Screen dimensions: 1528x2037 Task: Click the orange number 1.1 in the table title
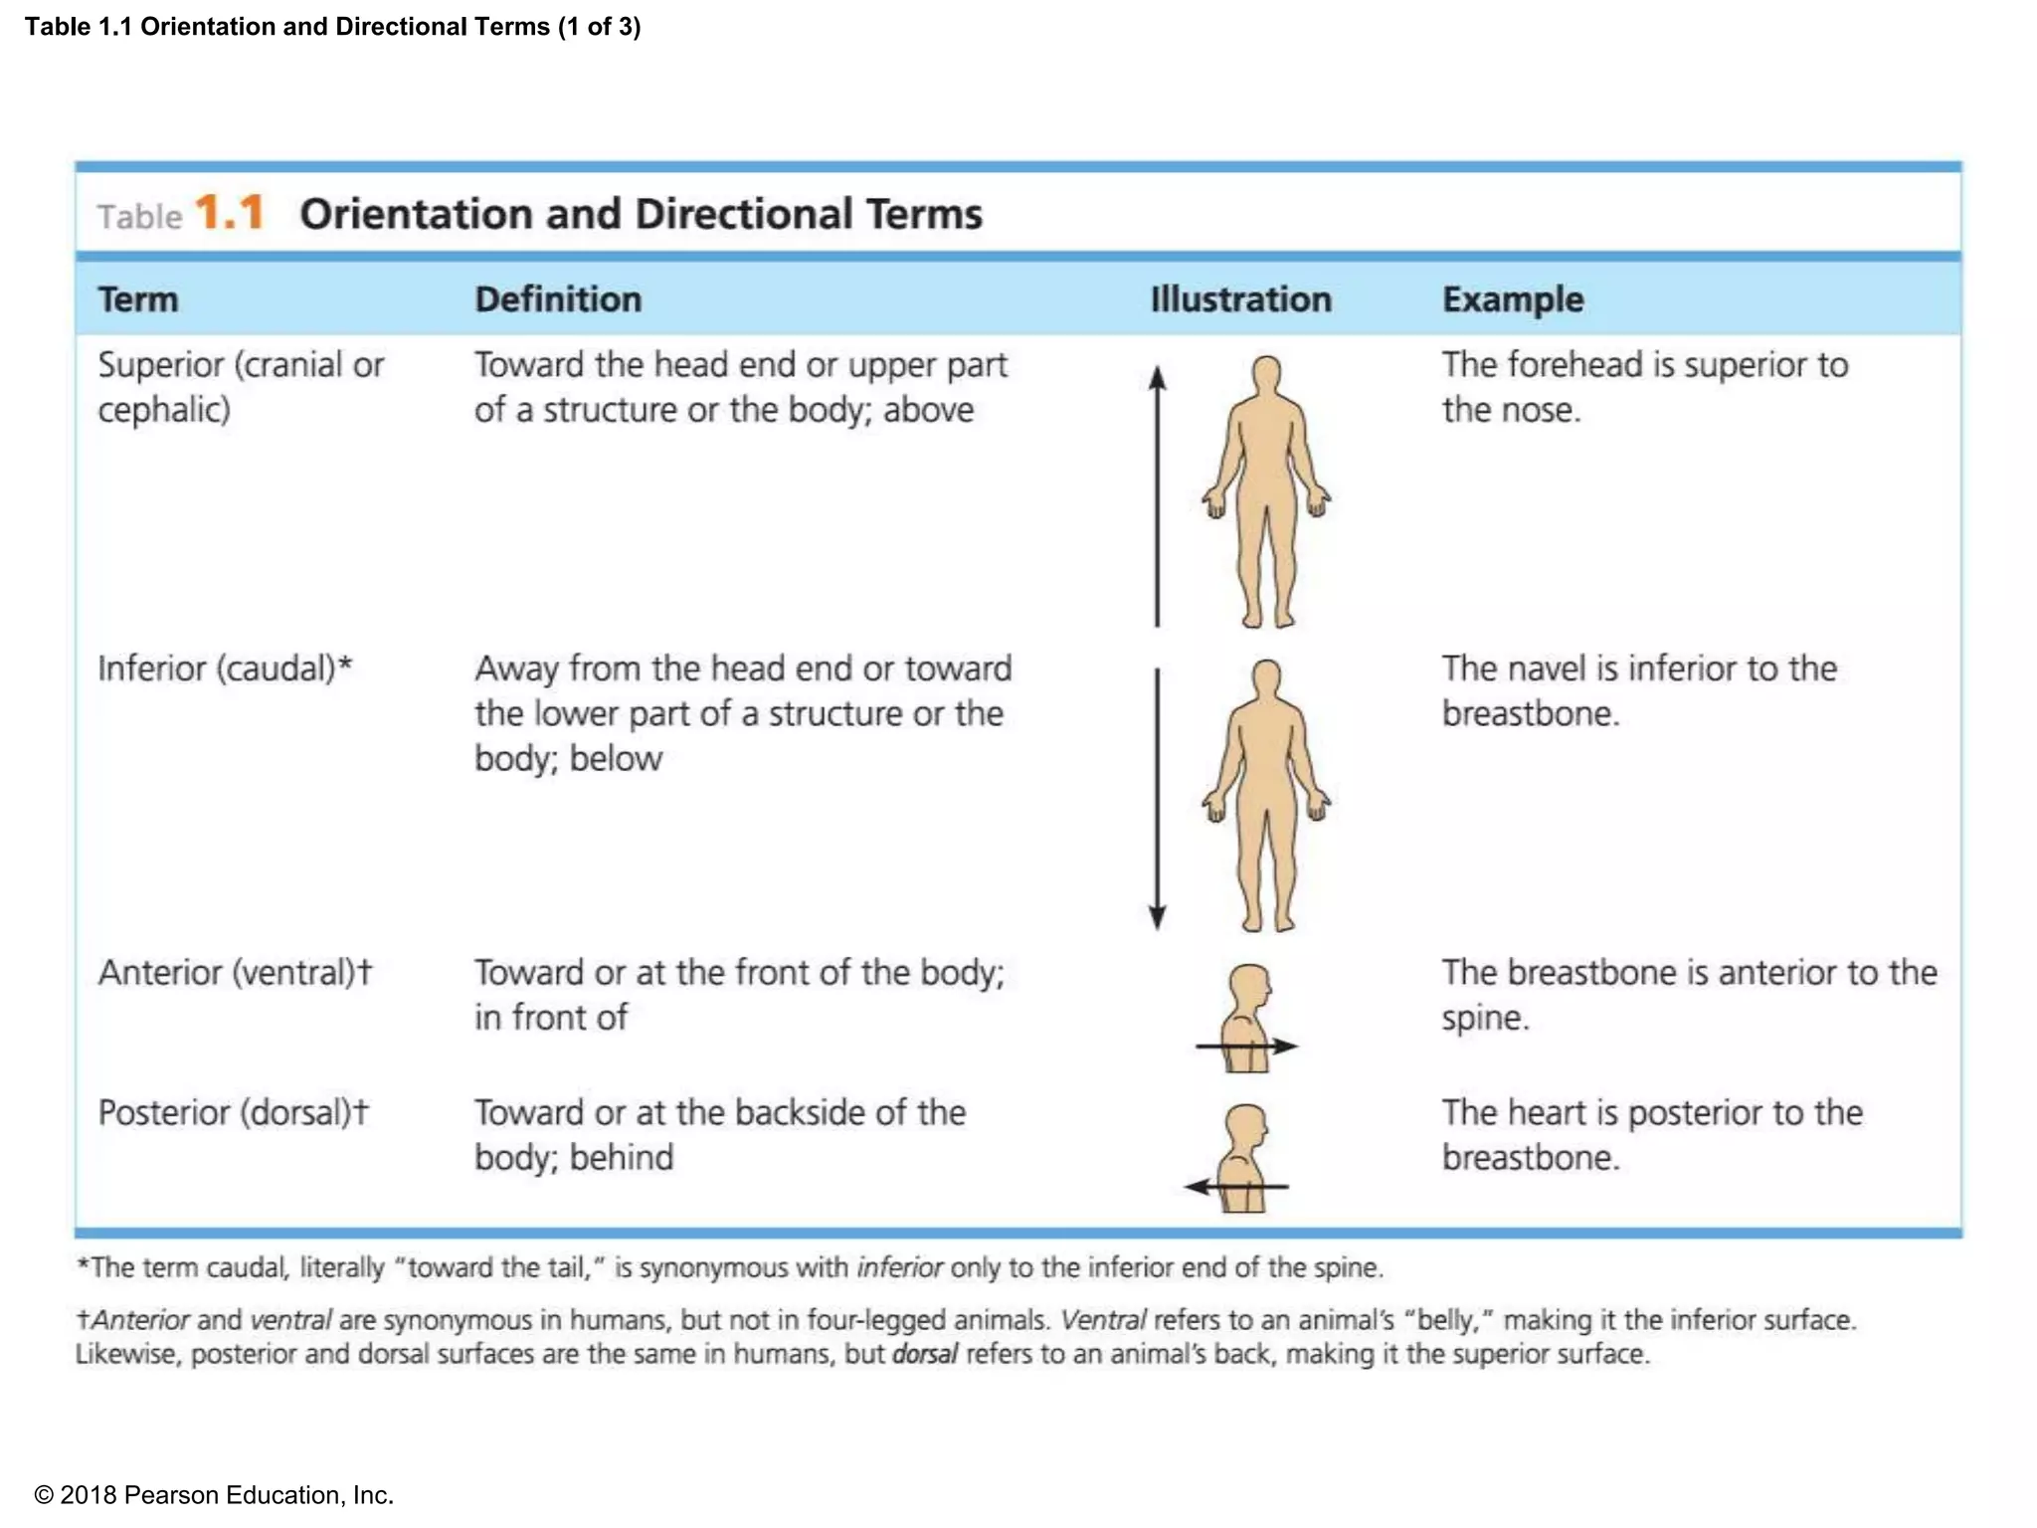click(x=230, y=212)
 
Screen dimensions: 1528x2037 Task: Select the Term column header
click(x=137, y=299)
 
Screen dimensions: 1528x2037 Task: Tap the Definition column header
click(x=558, y=299)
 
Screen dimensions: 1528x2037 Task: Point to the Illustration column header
click(x=1240, y=299)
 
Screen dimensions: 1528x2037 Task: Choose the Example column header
click(x=1513, y=299)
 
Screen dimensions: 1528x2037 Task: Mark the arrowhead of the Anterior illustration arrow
click(x=1285, y=1046)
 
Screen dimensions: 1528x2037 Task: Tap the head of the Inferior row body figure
click(x=1266, y=677)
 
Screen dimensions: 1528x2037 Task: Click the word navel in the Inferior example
click(x=1548, y=668)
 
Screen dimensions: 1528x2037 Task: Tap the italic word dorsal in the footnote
click(x=925, y=1354)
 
